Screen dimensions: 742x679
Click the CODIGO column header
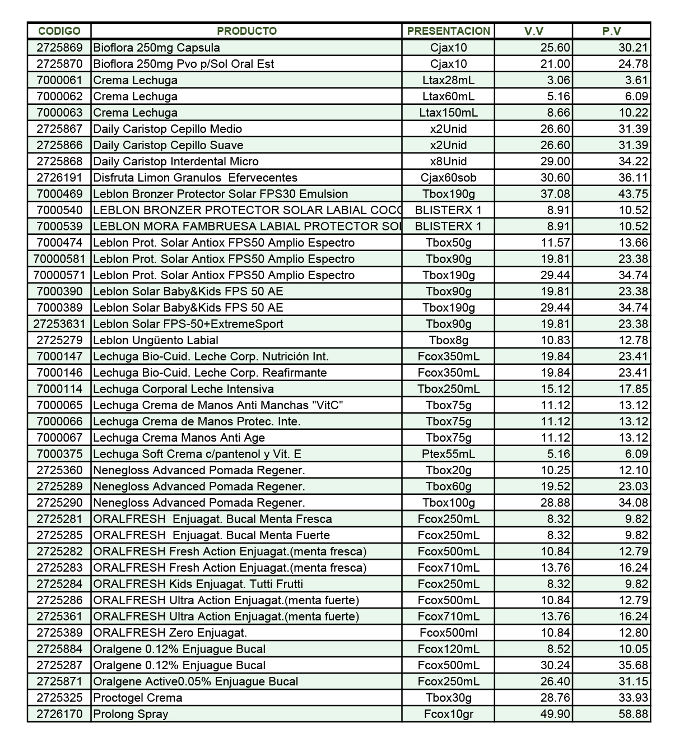coord(59,31)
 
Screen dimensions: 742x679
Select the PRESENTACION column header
coord(448,31)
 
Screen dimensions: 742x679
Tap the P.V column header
coord(611,31)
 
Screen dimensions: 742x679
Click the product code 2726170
coord(59,714)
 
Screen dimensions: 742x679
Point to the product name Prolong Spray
coord(131,714)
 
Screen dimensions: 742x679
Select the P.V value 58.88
coord(633,714)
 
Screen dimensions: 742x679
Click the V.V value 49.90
coord(555,714)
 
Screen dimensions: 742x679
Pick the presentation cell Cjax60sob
coord(448,178)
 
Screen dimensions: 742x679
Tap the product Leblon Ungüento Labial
coord(156,340)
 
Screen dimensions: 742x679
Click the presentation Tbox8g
coord(448,340)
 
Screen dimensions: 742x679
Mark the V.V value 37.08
coord(555,194)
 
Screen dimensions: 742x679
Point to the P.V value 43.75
coord(633,194)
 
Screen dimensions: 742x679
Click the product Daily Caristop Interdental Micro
coord(176,161)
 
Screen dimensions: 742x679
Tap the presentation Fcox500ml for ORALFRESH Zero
coord(448,633)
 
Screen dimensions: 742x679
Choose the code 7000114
coord(59,389)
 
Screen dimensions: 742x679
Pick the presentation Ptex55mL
coord(448,454)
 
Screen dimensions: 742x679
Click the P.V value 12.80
coord(633,633)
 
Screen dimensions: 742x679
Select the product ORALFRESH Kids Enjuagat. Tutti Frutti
coord(198,584)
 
